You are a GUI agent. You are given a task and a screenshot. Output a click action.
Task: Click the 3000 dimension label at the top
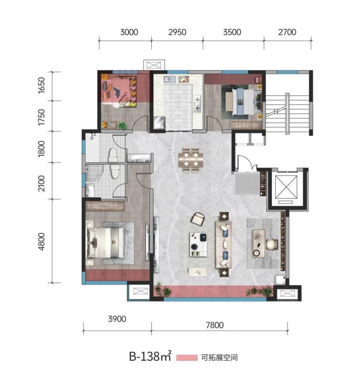pos(129,32)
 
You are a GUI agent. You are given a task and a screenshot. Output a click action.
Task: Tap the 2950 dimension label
pos(177,32)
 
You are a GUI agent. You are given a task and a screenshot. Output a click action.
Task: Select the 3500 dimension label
pos(232,32)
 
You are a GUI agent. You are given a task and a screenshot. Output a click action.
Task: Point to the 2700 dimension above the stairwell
pos(287,32)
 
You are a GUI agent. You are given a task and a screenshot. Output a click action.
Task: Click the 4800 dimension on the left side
pos(41,241)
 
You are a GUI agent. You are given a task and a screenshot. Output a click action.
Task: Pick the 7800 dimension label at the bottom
pos(215,325)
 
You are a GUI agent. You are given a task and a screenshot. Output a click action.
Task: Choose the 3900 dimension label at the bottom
pos(117,319)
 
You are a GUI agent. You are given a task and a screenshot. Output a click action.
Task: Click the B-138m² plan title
pos(150,356)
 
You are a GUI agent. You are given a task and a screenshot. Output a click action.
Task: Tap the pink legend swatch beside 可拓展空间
pos(187,358)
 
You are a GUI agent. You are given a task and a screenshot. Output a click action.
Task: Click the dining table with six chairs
pos(191,159)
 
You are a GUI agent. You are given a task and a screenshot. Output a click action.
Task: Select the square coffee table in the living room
pos(198,245)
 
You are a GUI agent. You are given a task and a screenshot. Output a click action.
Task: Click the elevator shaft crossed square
pos(286,187)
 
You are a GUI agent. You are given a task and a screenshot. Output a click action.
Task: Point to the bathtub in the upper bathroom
pos(92,147)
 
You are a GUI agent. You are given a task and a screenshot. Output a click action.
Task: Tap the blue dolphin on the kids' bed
pos(119,92)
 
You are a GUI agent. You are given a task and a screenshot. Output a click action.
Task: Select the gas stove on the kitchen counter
pos(197,104)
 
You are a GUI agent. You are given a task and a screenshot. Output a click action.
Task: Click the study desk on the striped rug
pos(259,244)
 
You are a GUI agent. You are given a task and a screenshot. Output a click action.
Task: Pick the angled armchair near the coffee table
pos(198,219)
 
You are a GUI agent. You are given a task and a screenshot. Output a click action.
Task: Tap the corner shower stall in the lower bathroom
pos(94,174)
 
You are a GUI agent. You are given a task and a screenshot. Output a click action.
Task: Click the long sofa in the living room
pos(223,245)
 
